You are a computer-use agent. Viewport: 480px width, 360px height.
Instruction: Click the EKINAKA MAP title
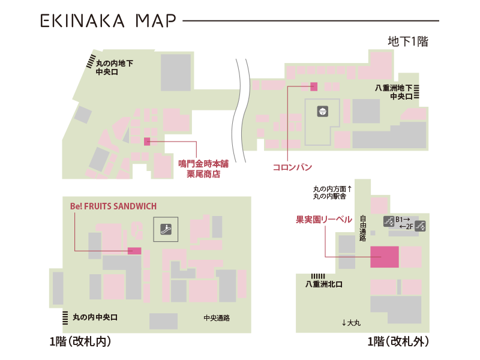pos(108,21)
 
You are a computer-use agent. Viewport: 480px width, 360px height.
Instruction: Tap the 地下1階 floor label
pos(408,42)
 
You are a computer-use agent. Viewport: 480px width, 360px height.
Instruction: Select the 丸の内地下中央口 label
pos(114,67)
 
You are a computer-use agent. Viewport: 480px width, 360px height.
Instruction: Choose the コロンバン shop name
pos(292,167)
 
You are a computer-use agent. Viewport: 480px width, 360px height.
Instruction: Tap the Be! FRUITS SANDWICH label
pos(113,206)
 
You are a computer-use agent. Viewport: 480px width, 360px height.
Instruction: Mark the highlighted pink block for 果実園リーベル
pos(385,256)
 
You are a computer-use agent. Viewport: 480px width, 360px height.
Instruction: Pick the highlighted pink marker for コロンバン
pos(314,86)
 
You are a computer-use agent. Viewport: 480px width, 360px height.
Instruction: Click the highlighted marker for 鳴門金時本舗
pos(147,142)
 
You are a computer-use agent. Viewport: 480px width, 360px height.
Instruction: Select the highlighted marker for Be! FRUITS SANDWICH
pos(134,251)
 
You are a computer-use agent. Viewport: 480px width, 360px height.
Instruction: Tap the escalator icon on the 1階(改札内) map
pos(165,229)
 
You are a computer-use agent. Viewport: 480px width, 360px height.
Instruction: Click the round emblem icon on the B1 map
pos(323,111)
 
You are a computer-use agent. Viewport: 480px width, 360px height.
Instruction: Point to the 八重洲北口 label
pos(323,284)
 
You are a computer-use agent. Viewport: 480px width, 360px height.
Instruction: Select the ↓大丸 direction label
pos(352,323)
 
